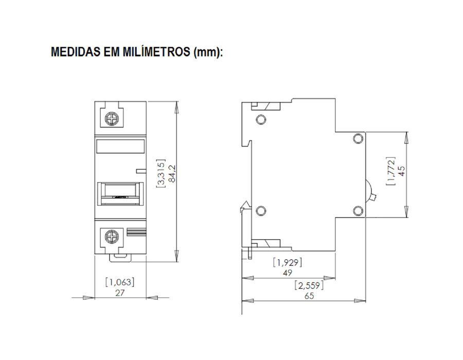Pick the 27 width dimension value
point(120,292)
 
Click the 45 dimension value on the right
point(402,171)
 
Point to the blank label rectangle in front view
point(121,148)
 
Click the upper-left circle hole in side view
point(260,120)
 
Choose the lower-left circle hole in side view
point(260,210)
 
